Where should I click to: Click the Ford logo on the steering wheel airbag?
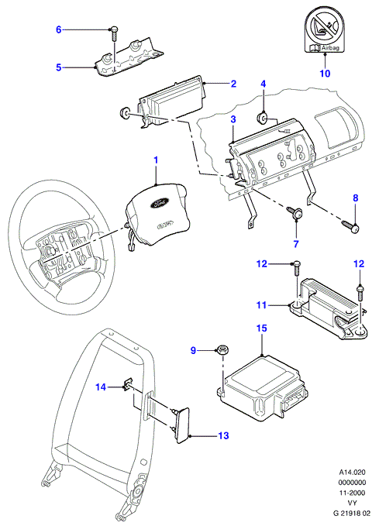(157, 203)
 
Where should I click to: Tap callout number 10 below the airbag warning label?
(325, 73)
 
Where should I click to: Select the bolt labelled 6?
(113, 33)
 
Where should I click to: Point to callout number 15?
(262, 328)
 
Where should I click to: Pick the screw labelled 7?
(295, 212)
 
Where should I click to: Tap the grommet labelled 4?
(262, 119)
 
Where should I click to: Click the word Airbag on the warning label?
(330, 48)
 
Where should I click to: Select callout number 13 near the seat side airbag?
(223, 435)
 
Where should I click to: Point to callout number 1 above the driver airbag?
(156, 160)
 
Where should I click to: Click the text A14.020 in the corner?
(352, 473)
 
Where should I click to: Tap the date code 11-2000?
(352, 493)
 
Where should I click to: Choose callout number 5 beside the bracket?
(59, 67)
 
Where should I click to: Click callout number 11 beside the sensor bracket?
(261, 305)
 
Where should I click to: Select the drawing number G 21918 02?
(352, 514)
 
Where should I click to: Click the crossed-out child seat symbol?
(325, 28)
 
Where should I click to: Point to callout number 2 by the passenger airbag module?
(233, 84)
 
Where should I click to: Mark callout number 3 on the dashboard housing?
(233, 119)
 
